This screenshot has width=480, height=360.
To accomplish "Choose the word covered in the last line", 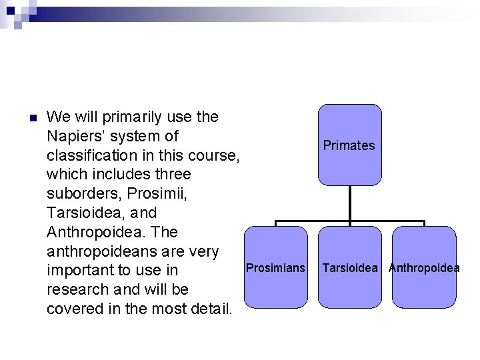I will pos(71,309).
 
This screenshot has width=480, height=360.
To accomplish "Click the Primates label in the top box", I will pos(349,145).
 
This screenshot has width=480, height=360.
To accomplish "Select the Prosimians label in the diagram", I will pos(275,268).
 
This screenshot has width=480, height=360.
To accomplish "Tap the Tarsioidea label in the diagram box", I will pos(350,268).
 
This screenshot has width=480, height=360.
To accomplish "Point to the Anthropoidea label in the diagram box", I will pos(424,268).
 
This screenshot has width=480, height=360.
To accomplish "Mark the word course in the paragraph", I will pos(213,155).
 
